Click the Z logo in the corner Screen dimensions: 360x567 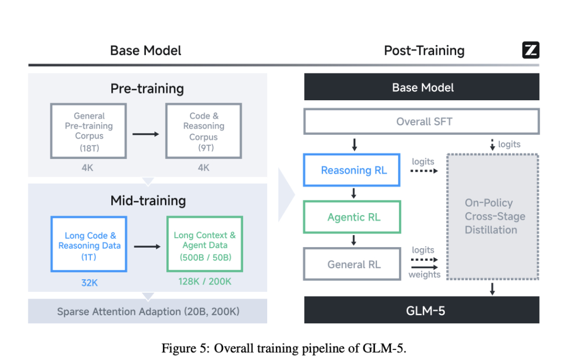531,50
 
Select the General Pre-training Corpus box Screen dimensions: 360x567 89,131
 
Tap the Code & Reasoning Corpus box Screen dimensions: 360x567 204,131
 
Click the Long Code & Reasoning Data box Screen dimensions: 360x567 89,244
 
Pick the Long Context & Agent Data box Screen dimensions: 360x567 205,244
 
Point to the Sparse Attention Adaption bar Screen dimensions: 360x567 148,311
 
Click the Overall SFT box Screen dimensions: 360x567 422,122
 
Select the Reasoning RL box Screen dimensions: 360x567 354,171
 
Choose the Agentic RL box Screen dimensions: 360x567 354,217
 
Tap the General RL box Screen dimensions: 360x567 354,264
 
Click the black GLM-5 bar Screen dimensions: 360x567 422,310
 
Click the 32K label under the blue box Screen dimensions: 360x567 89,283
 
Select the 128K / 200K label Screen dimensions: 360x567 205,282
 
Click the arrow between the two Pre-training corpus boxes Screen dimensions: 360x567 145,134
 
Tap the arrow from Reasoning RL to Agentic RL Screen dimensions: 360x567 354,194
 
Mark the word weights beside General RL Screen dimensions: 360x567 424,275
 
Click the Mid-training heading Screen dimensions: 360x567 148,200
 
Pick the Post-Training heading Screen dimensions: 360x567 424,51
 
